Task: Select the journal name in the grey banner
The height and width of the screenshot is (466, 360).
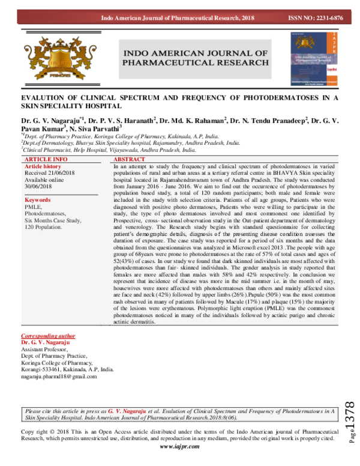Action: click(x=195, y=58)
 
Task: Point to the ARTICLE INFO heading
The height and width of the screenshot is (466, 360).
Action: click(x=44, y=159)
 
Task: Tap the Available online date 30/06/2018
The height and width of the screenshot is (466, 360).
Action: click(x=43, y=183)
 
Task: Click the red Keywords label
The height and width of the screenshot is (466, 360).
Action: click(x=38, y=199)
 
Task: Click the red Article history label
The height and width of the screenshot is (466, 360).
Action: click(x=43, y=166)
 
